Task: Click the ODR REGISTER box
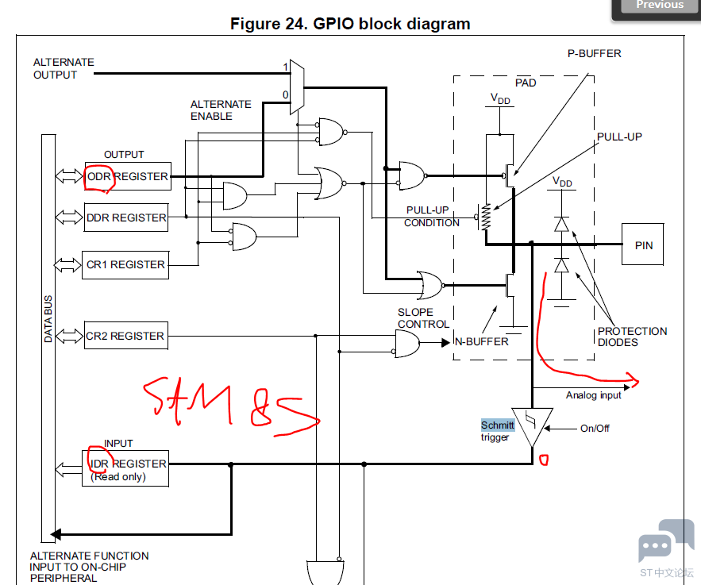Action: [128, 176]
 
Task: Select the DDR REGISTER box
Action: [126, 217]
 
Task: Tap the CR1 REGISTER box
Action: [125, 265]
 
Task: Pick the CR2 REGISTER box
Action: [126, 336]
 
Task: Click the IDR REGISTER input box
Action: [125, 468]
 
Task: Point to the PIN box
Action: [642, 244]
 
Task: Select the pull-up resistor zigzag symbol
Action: [486, 217]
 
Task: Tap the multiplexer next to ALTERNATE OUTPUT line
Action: [297, 87]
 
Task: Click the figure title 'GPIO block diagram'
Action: [350, 24]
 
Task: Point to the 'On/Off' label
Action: [595, 428]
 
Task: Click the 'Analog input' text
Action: [593, 395]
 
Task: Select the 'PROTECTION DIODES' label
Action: [632, 337]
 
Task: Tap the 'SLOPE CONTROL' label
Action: [423, 318]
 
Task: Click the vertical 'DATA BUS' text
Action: [48, 318]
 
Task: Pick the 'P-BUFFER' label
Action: [594, 54]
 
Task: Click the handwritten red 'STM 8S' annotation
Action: [231, 406]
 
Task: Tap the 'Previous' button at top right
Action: [660, 6]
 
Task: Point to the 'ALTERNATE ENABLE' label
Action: [221, 110]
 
